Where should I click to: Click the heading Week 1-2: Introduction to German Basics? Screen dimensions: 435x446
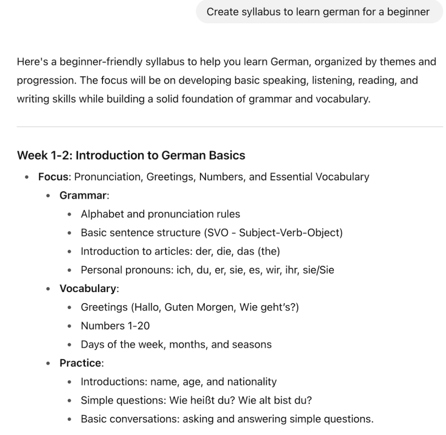131,155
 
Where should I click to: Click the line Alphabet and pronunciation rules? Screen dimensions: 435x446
160,214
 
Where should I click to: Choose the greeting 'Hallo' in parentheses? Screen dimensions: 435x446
145,307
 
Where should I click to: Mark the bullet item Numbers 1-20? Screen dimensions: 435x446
110,326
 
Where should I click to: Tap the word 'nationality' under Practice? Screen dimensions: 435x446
252,382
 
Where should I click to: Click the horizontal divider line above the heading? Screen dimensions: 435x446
230,127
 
